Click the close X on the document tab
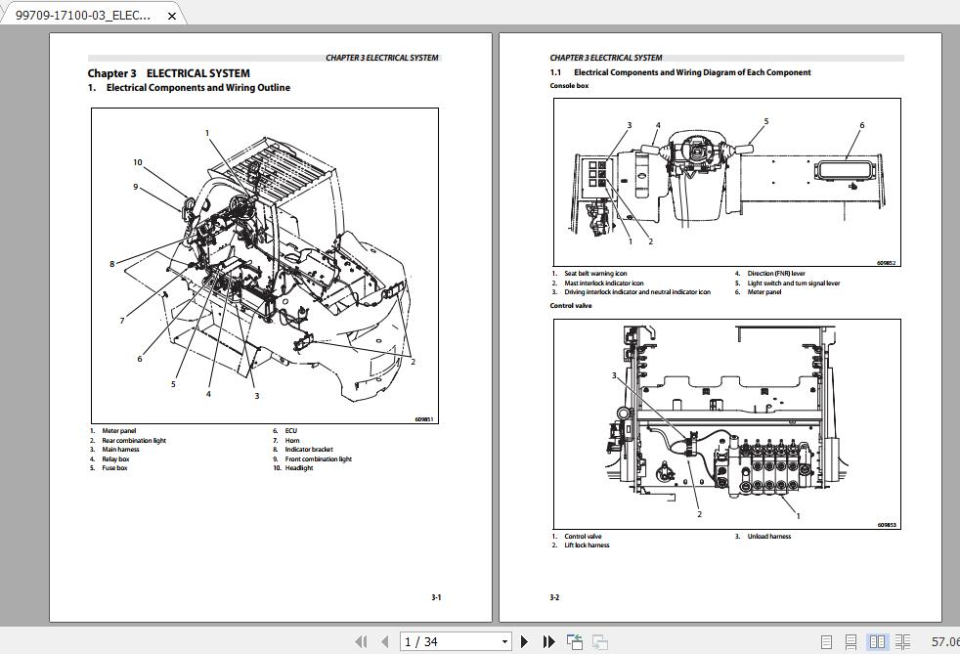(x=173, y=16)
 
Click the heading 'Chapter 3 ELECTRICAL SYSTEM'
(x=168, y=73)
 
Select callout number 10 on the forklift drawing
(x=138, y=162)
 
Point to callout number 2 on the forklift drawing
(x=413, y=362)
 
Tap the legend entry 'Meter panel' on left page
(x=118, y=431)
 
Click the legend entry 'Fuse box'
(x=114, y=468)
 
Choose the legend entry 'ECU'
(x=291, y=431)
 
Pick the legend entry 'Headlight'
(x=299, y=468)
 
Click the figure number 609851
(x=423, y=419)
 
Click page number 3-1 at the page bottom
(x=436, y=597)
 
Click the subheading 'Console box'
(x=569, y=86)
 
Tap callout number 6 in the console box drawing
(x=861, y=125)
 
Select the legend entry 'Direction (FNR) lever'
(x=776, y=274)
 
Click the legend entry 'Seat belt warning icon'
(x=595, y=274)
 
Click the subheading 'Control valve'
(x=571, y=306)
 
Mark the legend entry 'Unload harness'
(x=769, y=537)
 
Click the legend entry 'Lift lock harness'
(x=587, y=545)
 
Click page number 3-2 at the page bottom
(x=554, y=597)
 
